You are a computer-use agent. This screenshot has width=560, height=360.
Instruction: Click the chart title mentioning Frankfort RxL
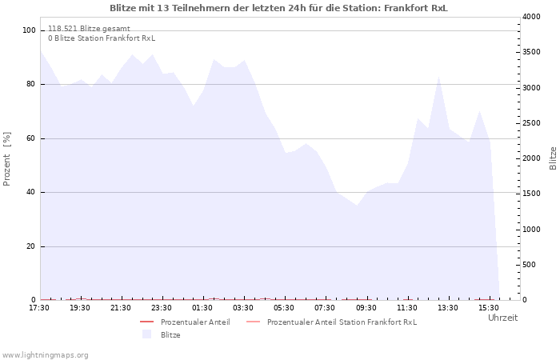278,8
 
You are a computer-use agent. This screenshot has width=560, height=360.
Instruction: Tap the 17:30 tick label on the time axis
39,308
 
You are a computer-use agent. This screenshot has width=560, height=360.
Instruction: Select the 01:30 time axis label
202,308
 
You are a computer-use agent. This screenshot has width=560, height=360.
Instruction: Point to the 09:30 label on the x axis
366,308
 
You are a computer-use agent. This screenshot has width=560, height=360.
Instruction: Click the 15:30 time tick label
489,308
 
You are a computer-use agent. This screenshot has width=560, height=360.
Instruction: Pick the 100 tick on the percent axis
29,30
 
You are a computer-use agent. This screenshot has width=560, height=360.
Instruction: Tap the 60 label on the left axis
31,138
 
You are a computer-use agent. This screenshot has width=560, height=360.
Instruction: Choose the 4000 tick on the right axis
531,17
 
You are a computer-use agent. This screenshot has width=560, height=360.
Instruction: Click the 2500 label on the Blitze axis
531,123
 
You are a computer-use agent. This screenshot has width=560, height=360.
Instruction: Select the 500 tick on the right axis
530,265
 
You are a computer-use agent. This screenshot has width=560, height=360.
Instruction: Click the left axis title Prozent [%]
6,159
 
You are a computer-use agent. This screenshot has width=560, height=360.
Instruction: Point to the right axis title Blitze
553,158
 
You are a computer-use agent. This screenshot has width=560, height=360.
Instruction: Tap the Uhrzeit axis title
503,318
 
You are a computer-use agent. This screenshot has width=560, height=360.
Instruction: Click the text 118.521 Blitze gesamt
90,29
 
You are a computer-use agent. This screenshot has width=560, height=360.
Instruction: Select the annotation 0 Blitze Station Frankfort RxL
102,38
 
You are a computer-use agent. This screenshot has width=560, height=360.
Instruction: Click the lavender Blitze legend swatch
146,334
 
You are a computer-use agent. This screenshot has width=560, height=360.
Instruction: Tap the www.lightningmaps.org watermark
46,355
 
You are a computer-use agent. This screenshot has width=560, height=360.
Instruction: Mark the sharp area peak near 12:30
438,77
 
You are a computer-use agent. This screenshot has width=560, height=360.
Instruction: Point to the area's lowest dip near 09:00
357,206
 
